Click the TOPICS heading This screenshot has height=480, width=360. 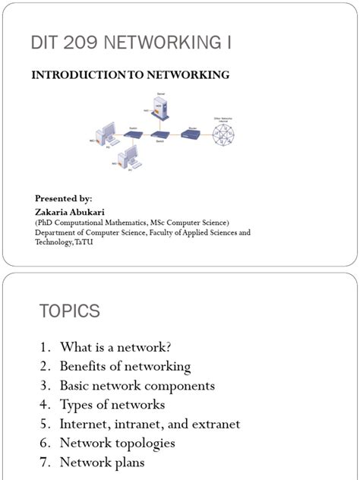click(70, 311)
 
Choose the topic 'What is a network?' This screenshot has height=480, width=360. click(116, 347)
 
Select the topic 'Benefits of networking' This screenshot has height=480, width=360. click(125, 366)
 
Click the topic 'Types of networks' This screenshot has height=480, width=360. click(112, 404)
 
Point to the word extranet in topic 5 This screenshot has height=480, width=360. click(215, 423)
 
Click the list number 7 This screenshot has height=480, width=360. click(45, 462)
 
